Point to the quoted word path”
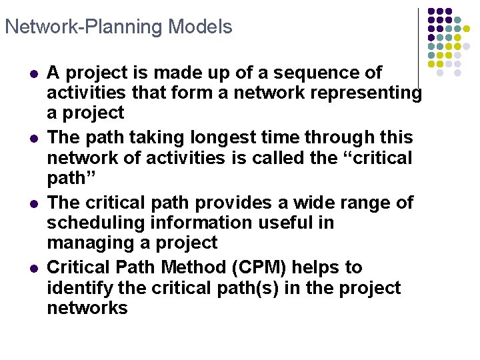pyautogui.click(x=69, y=178)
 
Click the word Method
pyautogui.click(x=198, y=268)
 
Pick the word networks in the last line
pyautogui.click(x=87, y=308)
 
